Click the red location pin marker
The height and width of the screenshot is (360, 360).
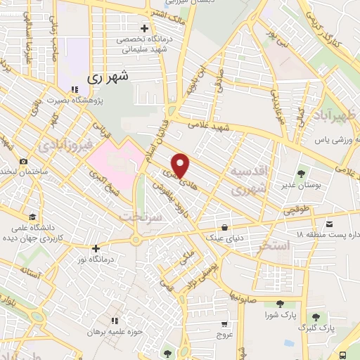181,165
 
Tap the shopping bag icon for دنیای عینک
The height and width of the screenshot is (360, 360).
224,226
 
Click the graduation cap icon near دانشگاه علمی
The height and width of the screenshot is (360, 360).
32,217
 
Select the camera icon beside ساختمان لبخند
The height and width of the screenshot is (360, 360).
23,161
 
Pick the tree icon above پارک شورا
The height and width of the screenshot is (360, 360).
280,304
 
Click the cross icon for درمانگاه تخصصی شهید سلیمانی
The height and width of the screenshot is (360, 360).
145,29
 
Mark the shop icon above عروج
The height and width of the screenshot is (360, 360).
224,324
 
